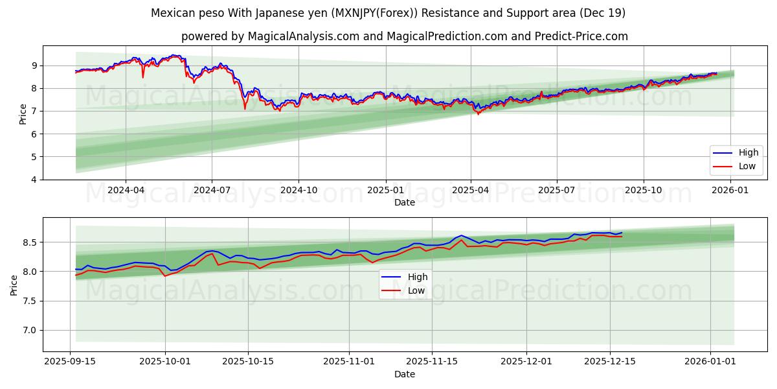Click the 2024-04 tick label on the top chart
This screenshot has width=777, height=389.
coord(126,190)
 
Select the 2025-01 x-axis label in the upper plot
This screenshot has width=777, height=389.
coord(385,190)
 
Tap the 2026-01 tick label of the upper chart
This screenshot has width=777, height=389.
coord(730,190)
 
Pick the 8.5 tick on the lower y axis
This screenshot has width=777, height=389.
coord(29,242)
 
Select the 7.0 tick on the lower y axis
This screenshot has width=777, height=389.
coord(29,331)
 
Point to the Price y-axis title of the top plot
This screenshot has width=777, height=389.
coord(23,113)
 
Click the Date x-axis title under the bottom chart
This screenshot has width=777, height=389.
coord(405,374)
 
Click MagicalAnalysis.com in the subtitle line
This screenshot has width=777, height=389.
coord(304,36)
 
